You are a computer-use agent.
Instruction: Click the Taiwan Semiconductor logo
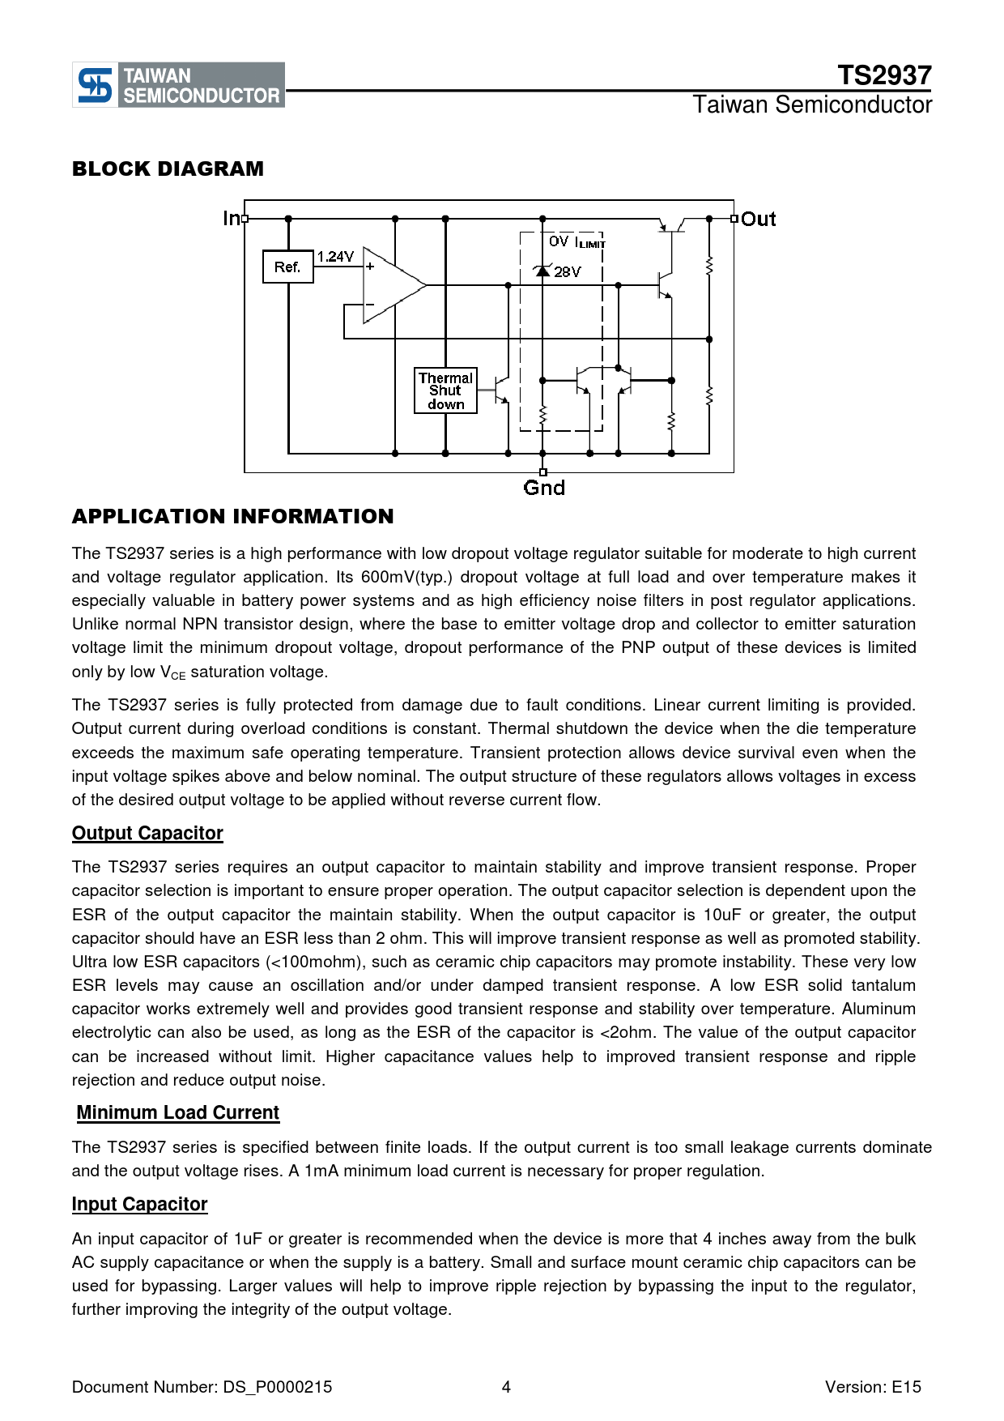click(x=178, y=85)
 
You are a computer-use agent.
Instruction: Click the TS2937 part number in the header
click(x=884, y=75)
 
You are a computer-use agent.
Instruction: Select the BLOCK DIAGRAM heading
click(x=168, y=169)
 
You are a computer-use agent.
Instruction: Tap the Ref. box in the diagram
click(x=287, y=267)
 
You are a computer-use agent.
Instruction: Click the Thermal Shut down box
click(x=445, y=391)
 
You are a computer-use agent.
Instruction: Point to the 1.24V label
click(x=335, y=257)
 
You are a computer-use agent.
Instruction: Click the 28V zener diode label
click(x=568, y=272)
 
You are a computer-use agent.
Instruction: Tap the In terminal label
click(x=231, y=219)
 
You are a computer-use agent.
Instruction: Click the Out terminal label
click(x=759, y=220)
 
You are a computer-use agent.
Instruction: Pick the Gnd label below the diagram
click(x=544, y=488)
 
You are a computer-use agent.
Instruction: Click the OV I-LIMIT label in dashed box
click(x=576, y=242)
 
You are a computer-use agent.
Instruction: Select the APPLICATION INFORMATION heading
click(x=232, y=516)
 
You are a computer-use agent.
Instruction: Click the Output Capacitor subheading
click(x=147, y=834)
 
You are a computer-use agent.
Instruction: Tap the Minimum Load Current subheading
click(x=178, y=1113)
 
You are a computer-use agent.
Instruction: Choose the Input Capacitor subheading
click(x=139, y=1205)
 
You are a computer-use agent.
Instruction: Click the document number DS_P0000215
click(x=278, y=1387)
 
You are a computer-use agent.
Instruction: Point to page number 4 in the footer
click(x=506, y=1387)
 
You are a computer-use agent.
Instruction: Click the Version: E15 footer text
click(x=873, y=1387)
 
